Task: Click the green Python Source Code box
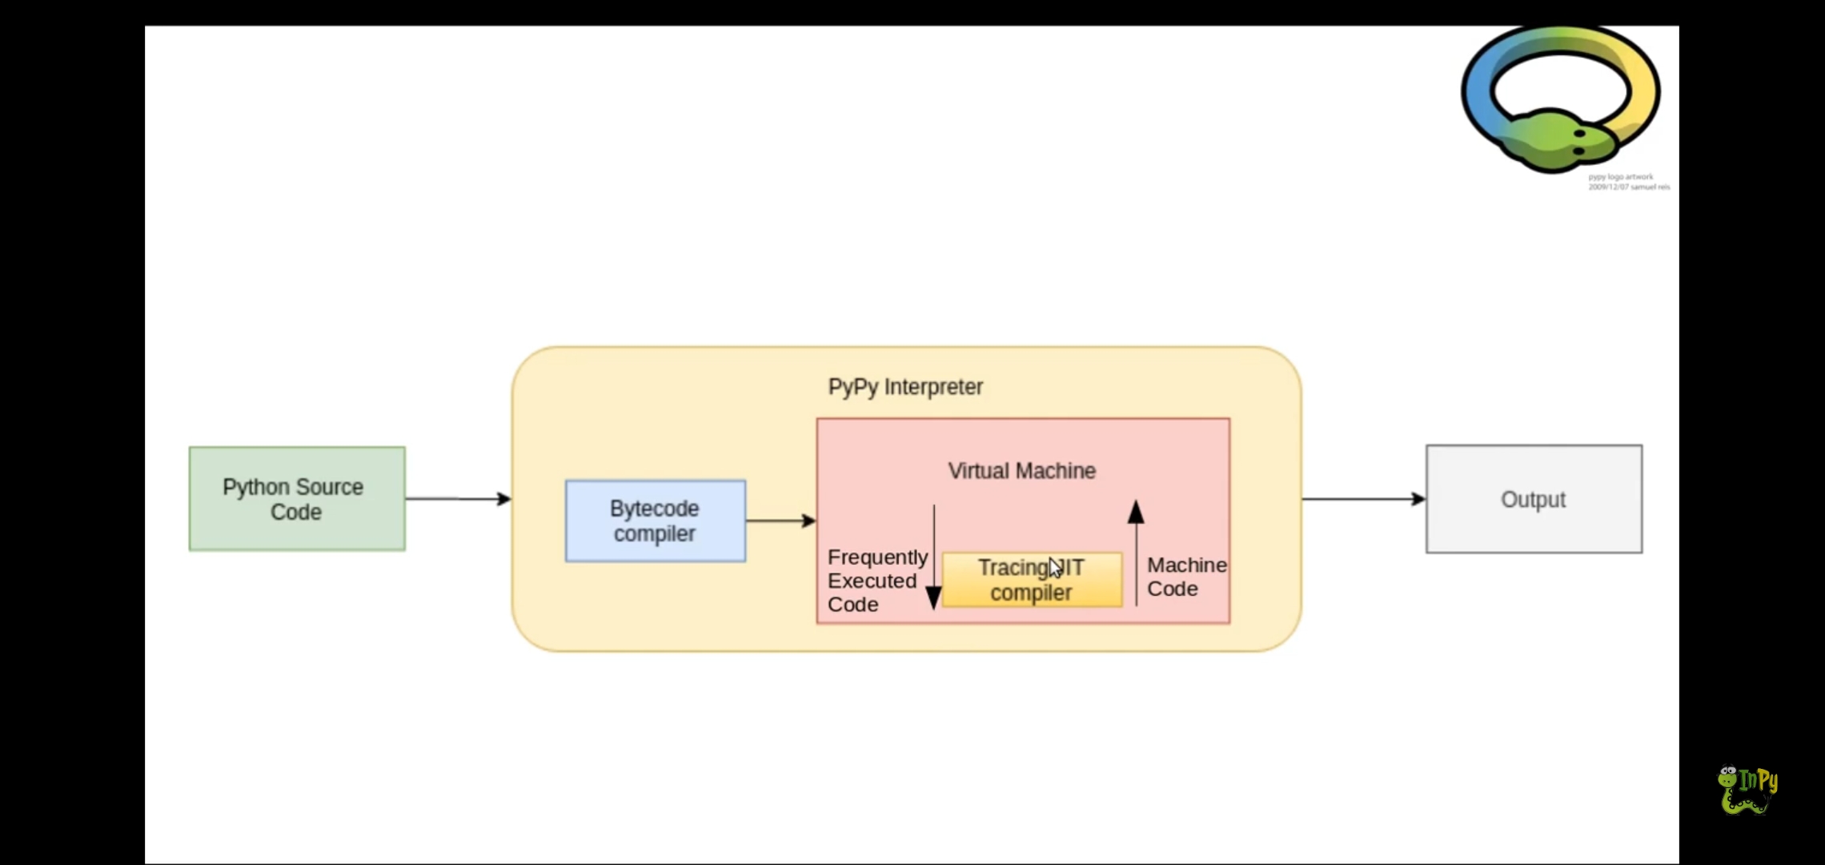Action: coord(297,498)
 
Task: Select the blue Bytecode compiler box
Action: coord(655,521)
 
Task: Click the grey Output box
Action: coord(1534,498)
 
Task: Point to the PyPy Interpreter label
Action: coord(905,387)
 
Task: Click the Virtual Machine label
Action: coord(1021,471)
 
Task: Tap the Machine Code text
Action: coord(1185,577)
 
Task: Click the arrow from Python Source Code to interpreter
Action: coord(458,499)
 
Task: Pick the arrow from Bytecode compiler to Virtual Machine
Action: coord(780,521)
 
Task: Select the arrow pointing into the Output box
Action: coord(1363,499)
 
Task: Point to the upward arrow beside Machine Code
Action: coord(1136,553)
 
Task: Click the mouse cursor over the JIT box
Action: coord(1055,567)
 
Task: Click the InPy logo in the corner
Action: coord(1747,790)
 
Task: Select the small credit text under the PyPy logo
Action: coord(1627,182)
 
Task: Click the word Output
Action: coord(1533,500)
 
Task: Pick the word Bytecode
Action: coord(654,509)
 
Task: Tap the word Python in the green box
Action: coord(256,487)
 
